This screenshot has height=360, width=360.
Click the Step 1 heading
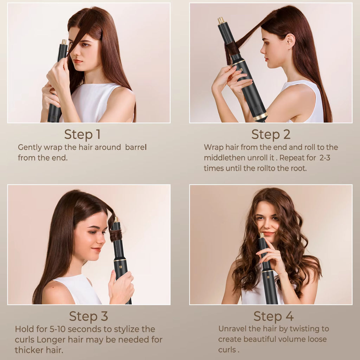coord(82,134)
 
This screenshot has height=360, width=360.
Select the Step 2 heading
coord(270,134)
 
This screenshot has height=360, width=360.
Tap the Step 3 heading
coord(88,316)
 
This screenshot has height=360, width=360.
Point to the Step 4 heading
coord(274,316)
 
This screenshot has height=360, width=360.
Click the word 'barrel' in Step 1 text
coord(136,147)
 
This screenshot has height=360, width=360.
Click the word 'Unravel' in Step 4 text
coord(233,329)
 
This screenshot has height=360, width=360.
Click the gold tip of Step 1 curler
coord(64,42)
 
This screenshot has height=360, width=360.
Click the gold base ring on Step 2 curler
coord(261,116)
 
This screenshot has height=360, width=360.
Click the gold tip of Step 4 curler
coord(262,234)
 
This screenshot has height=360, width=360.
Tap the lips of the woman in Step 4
coord(268,233)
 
